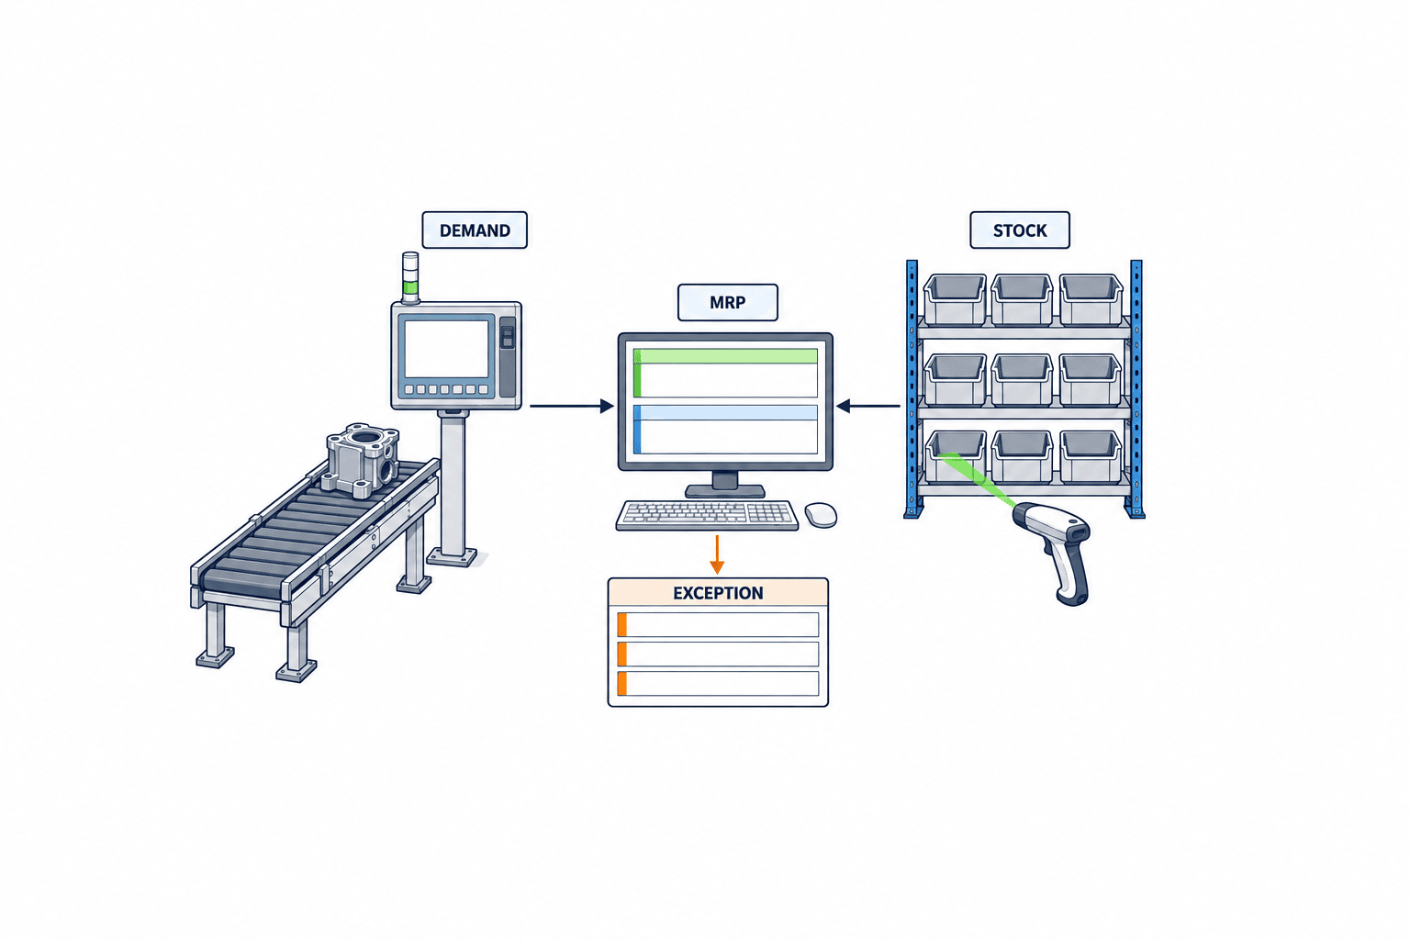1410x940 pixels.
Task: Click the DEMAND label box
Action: click(x=475, y=229)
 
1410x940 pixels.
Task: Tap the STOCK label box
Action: click(x=1020, y=229)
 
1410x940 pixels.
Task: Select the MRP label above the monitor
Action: click(x=728, y=302)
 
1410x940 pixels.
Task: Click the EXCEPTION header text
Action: click(x=718, y=593)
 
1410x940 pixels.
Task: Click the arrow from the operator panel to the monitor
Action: click(x=572, y=406)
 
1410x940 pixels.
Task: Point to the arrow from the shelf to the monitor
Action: click(x=868, y=406)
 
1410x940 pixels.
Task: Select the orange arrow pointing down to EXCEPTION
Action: click(x=717, y=554)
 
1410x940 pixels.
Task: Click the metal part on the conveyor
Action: click(x=360, y=460)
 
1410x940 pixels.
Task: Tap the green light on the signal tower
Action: click(x=410, y=287)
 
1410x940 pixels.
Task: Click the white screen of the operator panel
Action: click(x=446, y=349)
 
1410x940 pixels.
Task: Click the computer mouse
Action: click(x=821, y=514)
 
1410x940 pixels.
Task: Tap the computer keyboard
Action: click(x=707, y=515)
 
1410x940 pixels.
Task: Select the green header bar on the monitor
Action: click(x=726, y=356)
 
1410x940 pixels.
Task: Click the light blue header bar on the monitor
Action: click(x=726, y=413)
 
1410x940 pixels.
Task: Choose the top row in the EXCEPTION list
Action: click(x=718, y=625)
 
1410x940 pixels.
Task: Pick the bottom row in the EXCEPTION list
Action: click(x=718, y=684)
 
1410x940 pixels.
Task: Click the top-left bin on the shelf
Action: click(x=955, y=299)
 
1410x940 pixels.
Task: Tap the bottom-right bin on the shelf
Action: click(x=1091, y=456)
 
